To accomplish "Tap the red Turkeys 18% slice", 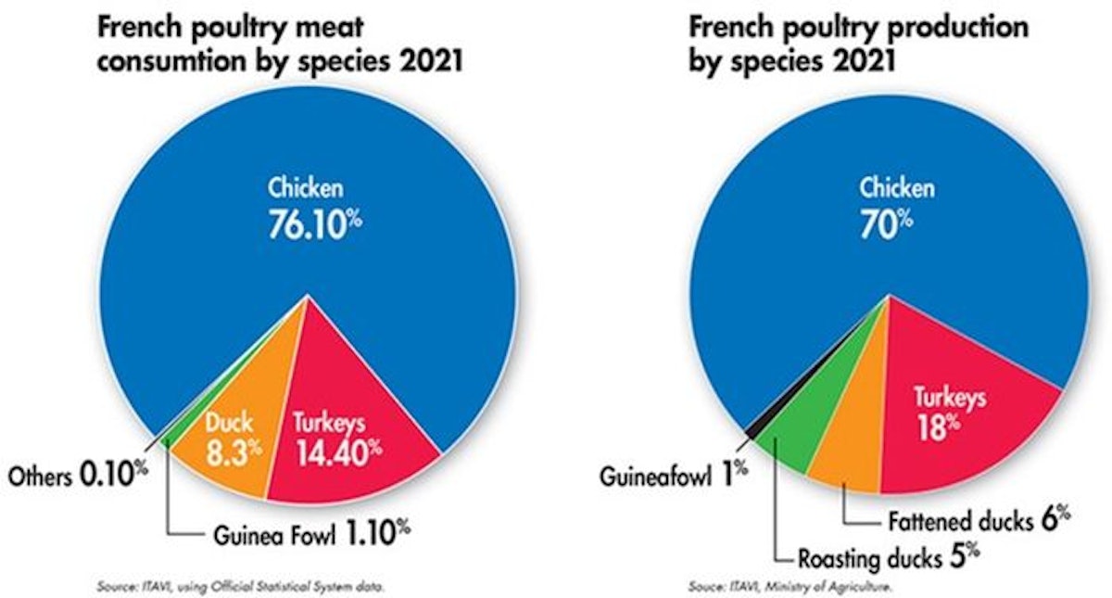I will [x=954, y=426].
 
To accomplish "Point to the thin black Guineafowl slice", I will [x=752, y=424].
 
